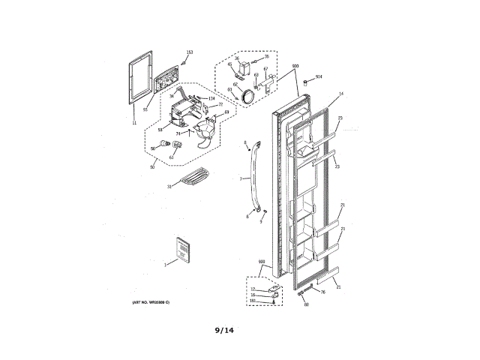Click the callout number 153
189,52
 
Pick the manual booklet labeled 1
181,250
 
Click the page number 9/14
225,328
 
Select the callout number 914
318,76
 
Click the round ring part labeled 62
247,94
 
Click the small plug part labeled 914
305,80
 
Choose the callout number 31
169,186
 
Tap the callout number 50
153,166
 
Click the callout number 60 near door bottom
306,304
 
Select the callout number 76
322,292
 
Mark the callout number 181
253,301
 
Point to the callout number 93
145,109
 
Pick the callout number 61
172,157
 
